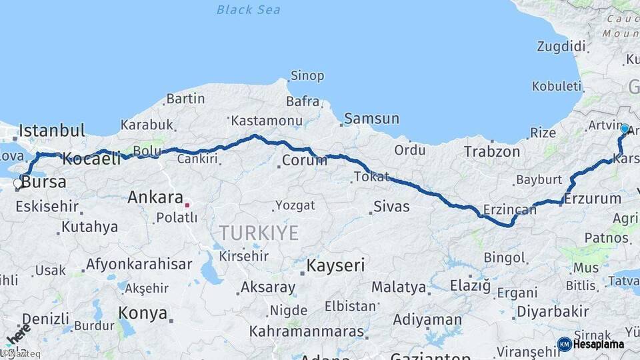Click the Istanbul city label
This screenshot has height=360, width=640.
click(52, 131)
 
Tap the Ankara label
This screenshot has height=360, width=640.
click(155, 197)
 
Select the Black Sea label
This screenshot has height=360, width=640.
click(249, 10)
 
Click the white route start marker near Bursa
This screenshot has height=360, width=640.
click(18, 183)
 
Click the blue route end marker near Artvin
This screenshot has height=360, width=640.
click(625, 129)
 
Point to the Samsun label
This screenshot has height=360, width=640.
click(372, 119)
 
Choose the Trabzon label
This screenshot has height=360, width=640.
click(492, 152)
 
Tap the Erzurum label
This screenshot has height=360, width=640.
click(593, 199)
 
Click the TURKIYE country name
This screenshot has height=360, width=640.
click(259, 233)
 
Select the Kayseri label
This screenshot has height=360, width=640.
click(335, 266)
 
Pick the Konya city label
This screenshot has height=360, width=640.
click(143, 313)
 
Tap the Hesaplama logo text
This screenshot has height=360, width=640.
click(599, 345)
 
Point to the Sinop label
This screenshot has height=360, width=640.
click(307, 76)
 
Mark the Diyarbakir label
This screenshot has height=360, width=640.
click(553, 311)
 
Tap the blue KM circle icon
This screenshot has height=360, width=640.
click(564, 345)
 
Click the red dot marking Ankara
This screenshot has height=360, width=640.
click(187, 205)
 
